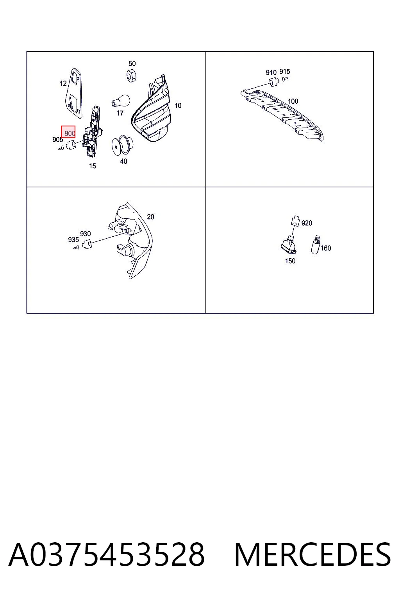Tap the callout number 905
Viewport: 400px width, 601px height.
(x=57, y=140)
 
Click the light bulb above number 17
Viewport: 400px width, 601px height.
(x=121, y=101)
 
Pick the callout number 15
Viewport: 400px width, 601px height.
(x=93, y=166)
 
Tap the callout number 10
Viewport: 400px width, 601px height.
(x=178, y=106)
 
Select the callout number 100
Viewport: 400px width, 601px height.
(x=293, y=101)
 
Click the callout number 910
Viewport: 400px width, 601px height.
(x=271, y=72)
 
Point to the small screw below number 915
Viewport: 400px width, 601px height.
(x=285, y=79)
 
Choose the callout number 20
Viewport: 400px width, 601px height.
(x=150, y=217)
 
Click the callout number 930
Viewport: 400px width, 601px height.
(x=85, y=234)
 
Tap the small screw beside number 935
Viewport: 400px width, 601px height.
(x=76, y=248)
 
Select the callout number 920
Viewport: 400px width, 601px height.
(x=307, y=223)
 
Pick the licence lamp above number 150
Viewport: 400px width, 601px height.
(x=289, y=245)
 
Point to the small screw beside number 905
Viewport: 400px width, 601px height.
(x=61, y=148)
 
